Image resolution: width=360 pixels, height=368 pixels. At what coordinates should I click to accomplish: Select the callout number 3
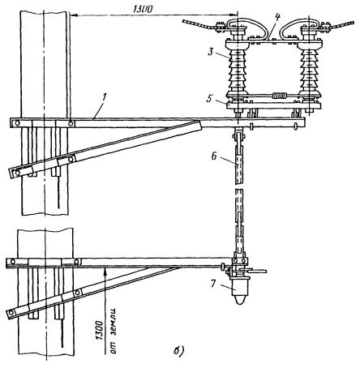point(211,51)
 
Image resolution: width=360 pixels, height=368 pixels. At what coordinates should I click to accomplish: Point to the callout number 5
point(210,98)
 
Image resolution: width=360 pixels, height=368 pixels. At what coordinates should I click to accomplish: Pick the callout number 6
point(214,156)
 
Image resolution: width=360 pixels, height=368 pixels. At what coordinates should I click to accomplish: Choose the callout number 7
point(213,284)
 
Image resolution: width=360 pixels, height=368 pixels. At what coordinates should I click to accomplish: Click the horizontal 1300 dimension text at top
point(143,9)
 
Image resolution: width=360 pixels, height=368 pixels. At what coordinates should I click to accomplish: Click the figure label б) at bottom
point(178,350)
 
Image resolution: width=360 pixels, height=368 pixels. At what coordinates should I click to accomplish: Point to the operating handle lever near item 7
point(257,271)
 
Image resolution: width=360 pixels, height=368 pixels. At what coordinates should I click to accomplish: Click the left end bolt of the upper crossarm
point(17,123)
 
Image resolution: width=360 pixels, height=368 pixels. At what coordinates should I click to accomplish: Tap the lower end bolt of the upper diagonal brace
point(17,173)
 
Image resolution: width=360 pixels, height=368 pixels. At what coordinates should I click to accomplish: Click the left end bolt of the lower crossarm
point(12,262)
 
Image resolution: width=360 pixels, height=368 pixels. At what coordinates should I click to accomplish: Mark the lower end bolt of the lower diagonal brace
point(11,313)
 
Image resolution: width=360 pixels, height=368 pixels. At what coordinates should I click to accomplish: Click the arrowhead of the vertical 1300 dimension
point(106,272)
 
